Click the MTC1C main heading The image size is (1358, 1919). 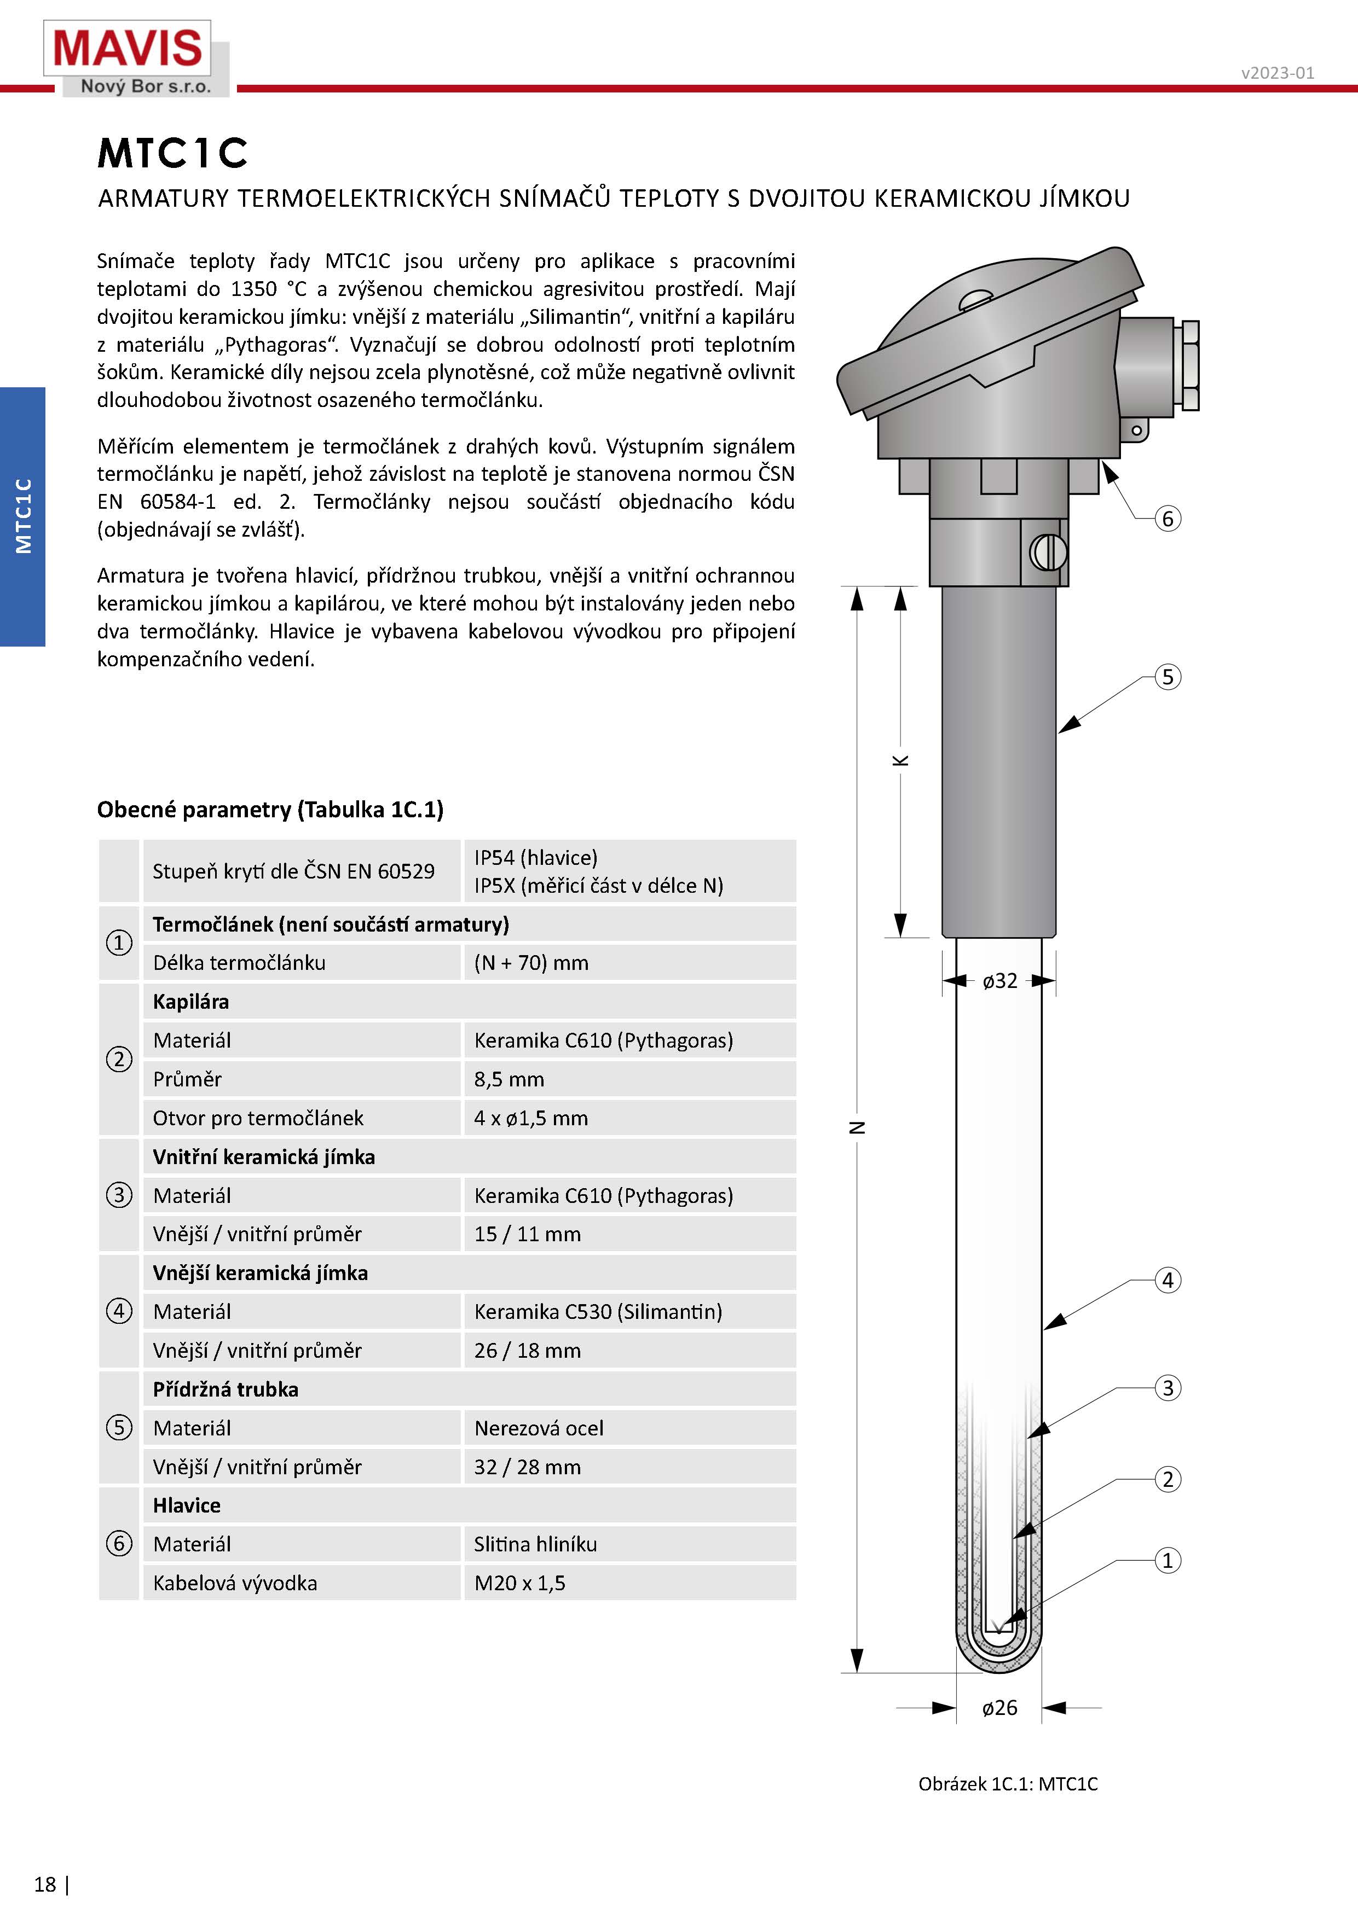click(x=173, y=153)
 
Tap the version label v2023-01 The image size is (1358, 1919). click(x=1277, y=73)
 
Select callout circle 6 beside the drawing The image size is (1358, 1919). click(x=1168, y=519)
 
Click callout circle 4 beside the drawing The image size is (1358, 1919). click(x=1168, y=1280)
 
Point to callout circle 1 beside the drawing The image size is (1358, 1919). click(x=1168, y=1560)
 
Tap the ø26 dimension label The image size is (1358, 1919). click(x=1000, y=1707)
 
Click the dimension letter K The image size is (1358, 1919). click(x=900, y=760)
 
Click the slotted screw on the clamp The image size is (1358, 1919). click(x=1048, y=551)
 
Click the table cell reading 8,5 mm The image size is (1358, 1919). click(x=509, y=1079)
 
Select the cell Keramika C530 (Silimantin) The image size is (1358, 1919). click(x=598, y=1311)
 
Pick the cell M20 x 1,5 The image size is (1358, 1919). click(x=519, y=1583)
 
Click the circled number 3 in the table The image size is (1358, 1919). click(x=119, y=1195)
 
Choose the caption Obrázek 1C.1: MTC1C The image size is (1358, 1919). click(x=1008, y=1783)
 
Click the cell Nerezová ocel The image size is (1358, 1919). click(x=539, y=1428)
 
